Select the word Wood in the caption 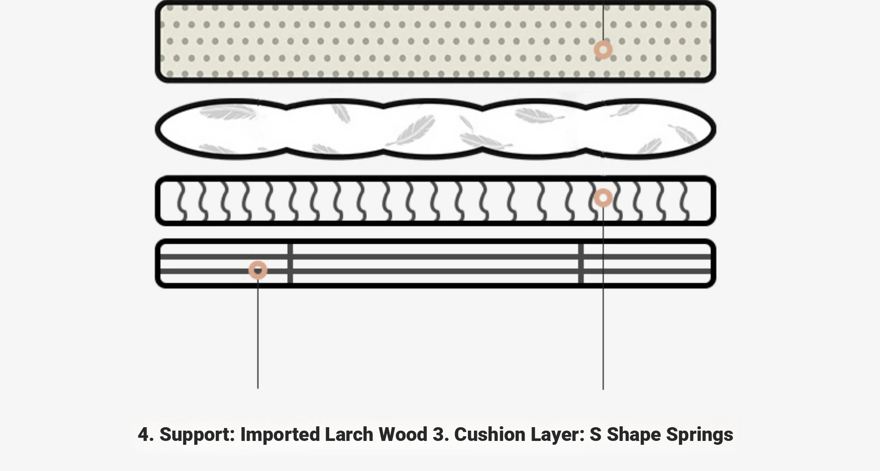[403, 434]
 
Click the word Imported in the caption [280, 434]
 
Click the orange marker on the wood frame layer [258, 270]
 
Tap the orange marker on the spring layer [603, 198]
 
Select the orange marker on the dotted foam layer [603, 50]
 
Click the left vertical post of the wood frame [290, 263]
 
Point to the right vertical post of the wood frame [581, 263]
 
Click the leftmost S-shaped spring [182, 201]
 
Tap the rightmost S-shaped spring [684, 201]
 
